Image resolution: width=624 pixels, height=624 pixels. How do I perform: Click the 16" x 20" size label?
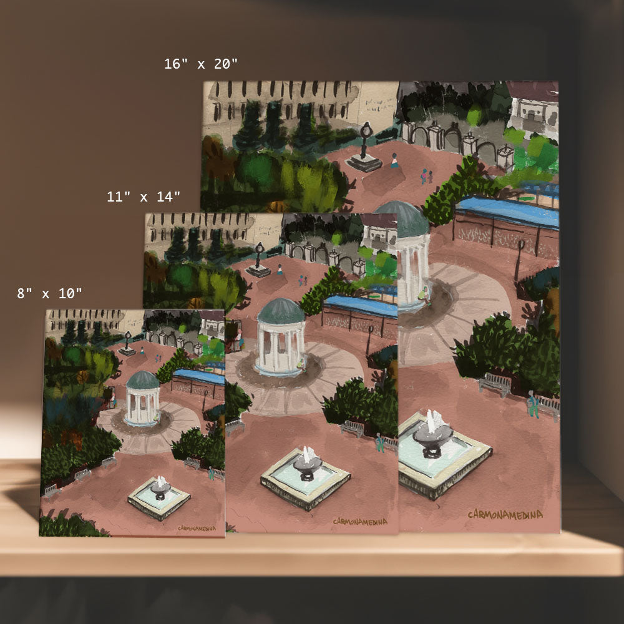[x=200, y=64]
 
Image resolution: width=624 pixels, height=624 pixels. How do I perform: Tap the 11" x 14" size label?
[x=144, y=197]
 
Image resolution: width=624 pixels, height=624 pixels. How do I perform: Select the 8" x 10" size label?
[x=49, y=294]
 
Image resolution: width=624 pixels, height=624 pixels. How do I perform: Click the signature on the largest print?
[x=505, y=515]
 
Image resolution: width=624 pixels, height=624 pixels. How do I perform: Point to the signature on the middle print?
[x=360, y=521]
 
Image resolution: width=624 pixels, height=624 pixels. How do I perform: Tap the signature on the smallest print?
[x=197, y=528]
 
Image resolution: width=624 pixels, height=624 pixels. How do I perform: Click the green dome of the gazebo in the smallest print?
[x=142, y=380]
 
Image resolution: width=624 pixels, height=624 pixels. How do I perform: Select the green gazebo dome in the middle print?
[x=281, y=311]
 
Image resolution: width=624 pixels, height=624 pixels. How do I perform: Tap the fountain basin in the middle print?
[x=306, y=477]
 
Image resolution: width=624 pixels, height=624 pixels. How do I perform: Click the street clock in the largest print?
[x=364, y=147]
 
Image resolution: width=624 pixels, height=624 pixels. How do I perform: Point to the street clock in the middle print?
[x=259, y=260]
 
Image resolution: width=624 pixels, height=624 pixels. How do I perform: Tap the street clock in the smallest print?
[x=127, y=343]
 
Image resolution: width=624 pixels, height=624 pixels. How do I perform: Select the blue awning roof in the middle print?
[x=361, y=306]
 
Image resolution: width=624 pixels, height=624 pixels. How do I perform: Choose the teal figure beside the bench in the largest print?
[x=532, y=404]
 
